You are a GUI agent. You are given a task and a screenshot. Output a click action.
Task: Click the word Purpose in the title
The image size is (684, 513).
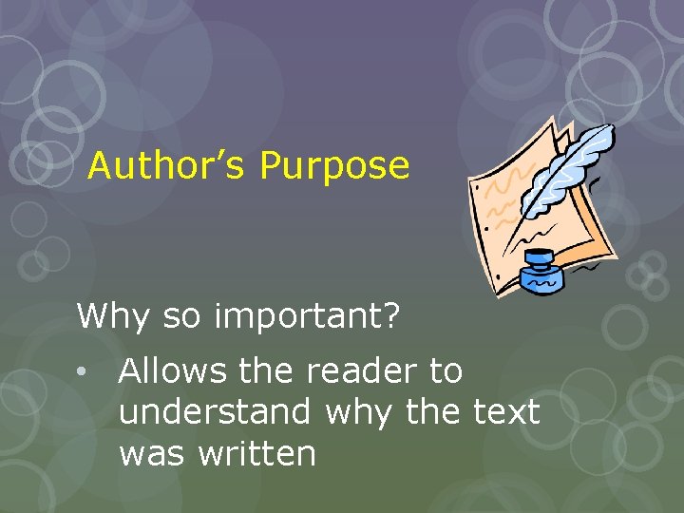point(334,166)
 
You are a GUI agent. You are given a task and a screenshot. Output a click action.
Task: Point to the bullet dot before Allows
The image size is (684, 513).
point(85,372)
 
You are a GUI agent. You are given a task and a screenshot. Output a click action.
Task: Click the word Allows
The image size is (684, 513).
point(172,371)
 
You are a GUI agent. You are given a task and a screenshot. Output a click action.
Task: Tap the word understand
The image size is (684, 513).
point(216,412)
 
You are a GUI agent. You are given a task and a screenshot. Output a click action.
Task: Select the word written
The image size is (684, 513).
point(257,453)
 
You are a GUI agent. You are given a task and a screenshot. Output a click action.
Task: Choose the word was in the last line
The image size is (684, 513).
point(154,453)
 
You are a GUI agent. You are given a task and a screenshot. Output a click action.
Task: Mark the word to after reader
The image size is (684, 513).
point(445,371)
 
